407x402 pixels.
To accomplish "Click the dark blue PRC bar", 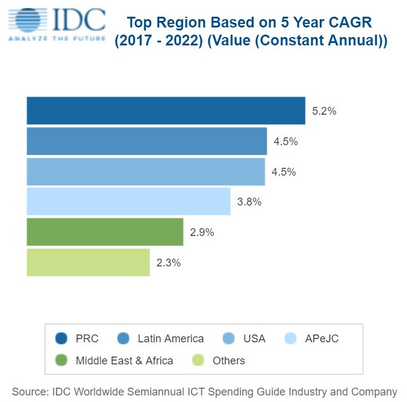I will (166, 111).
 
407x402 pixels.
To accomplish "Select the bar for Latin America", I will (147, 141).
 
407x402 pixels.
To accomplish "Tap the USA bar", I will (146, 171).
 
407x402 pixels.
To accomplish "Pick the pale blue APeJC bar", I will (128, 201).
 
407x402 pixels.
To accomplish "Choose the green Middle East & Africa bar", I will (104, 232).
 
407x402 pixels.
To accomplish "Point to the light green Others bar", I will (88, 262).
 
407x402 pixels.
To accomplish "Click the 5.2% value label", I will (324, 111).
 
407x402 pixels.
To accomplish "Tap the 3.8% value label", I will (249, 202).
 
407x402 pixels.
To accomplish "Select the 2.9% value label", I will (202, 232).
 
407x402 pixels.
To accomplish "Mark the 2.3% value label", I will (168, 263).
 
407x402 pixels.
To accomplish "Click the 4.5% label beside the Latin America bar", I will (285, 142).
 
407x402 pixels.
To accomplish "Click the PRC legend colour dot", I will (61, 339).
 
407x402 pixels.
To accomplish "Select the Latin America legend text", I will (170, 339).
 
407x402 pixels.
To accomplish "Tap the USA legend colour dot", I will (229, 339).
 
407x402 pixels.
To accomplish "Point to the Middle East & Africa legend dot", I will (61, 360).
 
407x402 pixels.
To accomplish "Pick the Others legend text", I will (229, 360).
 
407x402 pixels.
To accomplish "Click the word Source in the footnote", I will (29, 392).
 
